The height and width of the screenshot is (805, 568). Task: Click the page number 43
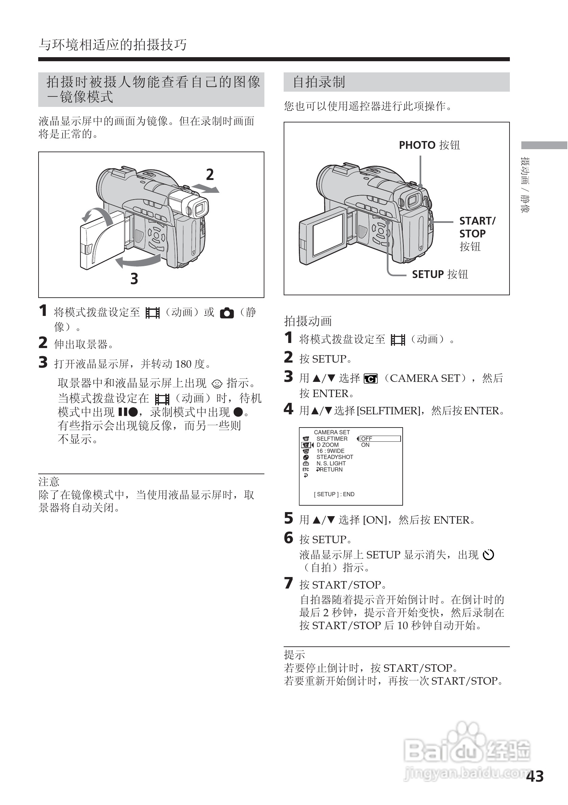pyautogui.click(x=535, y=776)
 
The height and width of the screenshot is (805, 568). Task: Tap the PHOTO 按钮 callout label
pyautogui.click(x=429, y=145)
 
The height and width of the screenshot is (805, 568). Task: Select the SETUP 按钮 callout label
pyautogui.click(x=440, y=274)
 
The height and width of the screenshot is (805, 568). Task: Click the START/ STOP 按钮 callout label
pyautogui.click(x=477, y=233)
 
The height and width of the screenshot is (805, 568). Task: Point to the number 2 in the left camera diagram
pyautogui.click(x=210, y=175)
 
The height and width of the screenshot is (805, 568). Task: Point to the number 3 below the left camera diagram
pyautogui.click(x=134, y=279)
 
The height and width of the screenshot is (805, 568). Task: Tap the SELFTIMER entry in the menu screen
pyautogui.click(x=332, y=439)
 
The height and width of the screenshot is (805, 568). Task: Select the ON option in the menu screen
pyautogui.click(x=365, y=445)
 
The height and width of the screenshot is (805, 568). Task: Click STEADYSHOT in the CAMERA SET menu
pyautogui.click(x=335, y=457)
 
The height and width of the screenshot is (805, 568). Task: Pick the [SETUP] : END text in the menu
pyautogui.click(x=334, y=495)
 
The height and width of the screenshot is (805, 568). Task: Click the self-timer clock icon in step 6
pyautogui.click(x=488, y=555)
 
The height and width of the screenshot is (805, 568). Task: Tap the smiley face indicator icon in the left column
pyautogui.click(x=217, y=384)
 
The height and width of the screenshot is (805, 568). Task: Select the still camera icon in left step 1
pyautogui.click(x=227, y=313)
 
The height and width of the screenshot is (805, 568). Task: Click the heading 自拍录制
pyautogui.click(x=319, y=82)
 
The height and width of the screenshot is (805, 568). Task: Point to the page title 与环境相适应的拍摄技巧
pyautogui.click(x=113, y=45)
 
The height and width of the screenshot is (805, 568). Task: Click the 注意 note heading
pyautogui.click(x=49, y=482)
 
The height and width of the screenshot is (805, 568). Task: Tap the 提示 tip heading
pyautogui.click(x=294, y=654)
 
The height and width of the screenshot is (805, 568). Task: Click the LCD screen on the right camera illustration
pyautogui.click(x=328, y=236)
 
